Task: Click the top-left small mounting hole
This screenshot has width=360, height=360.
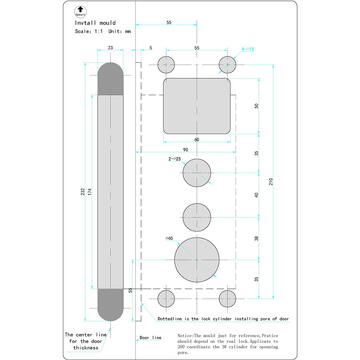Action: [166, 63]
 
